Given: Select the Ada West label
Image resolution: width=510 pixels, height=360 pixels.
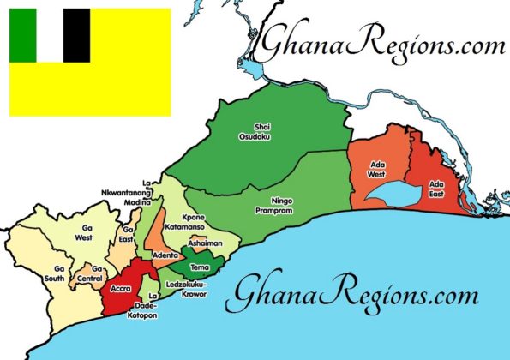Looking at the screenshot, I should pyautogui.click(x=376, y=170).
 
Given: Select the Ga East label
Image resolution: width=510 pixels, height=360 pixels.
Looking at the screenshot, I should pyautogui.click(x=127, y=234).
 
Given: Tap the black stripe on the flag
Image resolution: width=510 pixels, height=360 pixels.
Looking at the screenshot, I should pyautogui.click(x=76, y=35).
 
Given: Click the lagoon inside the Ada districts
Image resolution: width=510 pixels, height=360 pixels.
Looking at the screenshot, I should pyautogui.click(x=390, y=193).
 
